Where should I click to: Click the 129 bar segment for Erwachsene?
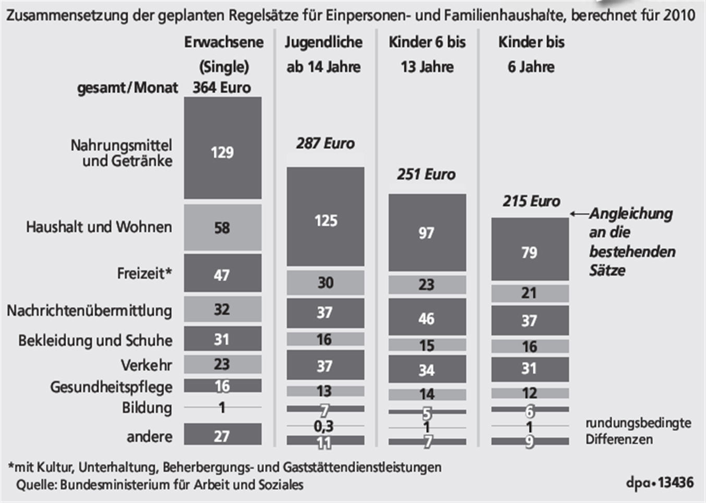[x=223, y=148]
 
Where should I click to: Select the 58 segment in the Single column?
[x=223, y=227]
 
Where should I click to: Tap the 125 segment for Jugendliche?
[x=325, y=217]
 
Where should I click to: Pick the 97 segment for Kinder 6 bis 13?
[x=427, y=233]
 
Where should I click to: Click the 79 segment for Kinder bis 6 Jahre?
[x=530, y=249]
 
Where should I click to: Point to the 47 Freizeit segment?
[x=223, y=273]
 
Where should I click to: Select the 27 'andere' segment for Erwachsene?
[x=223, y=434]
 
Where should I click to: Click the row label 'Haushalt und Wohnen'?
[x=99, y=227]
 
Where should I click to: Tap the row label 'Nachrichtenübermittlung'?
[x=89, y=310]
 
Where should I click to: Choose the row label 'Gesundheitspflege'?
[x=111, y=387]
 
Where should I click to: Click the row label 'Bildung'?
[x=147, y=408]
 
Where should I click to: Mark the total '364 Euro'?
[x=222, y=87]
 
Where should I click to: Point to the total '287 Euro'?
[x=325, y=143]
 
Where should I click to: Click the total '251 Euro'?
[x=426, y=174]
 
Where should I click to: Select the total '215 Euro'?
[x=531, y=201]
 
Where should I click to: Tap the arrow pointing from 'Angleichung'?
[x=579, y=213]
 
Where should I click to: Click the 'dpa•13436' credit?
[x=660, y=482]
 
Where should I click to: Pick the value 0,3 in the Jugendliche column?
[x=323, y=426]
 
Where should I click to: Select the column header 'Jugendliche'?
[x=323, y=42]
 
